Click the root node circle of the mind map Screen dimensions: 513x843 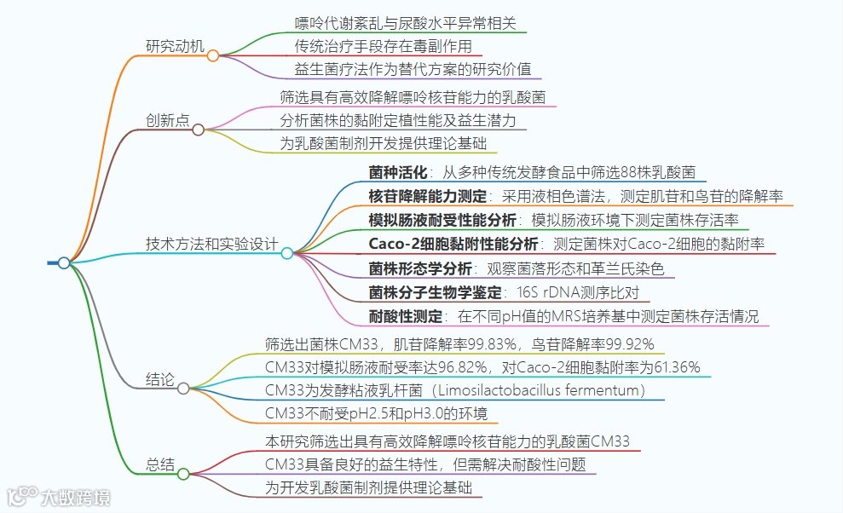[64, 263]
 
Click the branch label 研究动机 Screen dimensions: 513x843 [175, 46]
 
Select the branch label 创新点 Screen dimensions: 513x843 [167, 120]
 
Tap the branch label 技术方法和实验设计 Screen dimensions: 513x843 [211, 244]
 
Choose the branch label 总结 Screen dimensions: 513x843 [160, 465]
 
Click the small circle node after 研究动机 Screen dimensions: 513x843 [213, 55]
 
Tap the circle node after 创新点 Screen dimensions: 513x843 [199, 130]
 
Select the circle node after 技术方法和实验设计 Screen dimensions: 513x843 [287, 253]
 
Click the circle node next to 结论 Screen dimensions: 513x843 [183, 389]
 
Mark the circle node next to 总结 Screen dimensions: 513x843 [183, 474]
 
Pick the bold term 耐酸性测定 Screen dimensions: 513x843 [406, 316]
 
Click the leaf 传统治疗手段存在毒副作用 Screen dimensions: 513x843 [383, 46]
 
